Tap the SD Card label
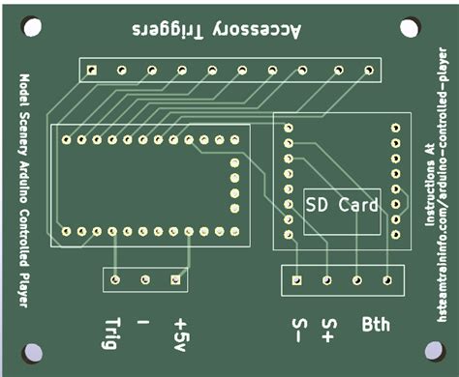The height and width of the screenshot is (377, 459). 342,205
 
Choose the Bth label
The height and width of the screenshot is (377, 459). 377,325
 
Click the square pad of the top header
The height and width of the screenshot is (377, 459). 90,70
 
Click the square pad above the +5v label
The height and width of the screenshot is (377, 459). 176,279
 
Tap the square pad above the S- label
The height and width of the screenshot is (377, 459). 297,279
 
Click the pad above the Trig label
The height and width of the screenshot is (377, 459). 115,279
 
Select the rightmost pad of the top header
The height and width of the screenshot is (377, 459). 368,70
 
